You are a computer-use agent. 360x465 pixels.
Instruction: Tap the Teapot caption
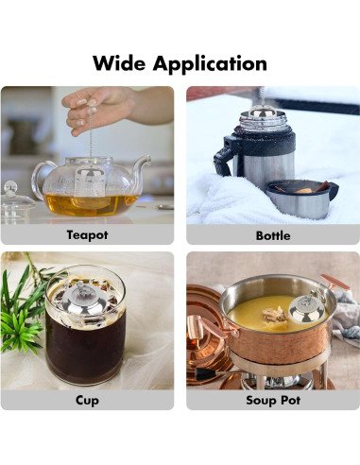coord(87,234)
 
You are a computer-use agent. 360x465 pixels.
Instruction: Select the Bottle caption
coord(272,234)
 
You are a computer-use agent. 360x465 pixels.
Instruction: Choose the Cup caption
coord(87,400)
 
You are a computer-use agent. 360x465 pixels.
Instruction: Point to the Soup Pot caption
coord(272,400)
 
